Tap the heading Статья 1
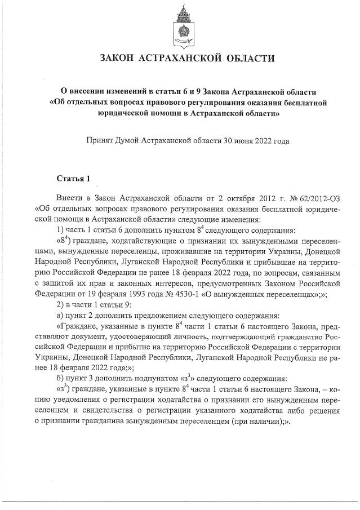[73, 179]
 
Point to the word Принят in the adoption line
[99, 139]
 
